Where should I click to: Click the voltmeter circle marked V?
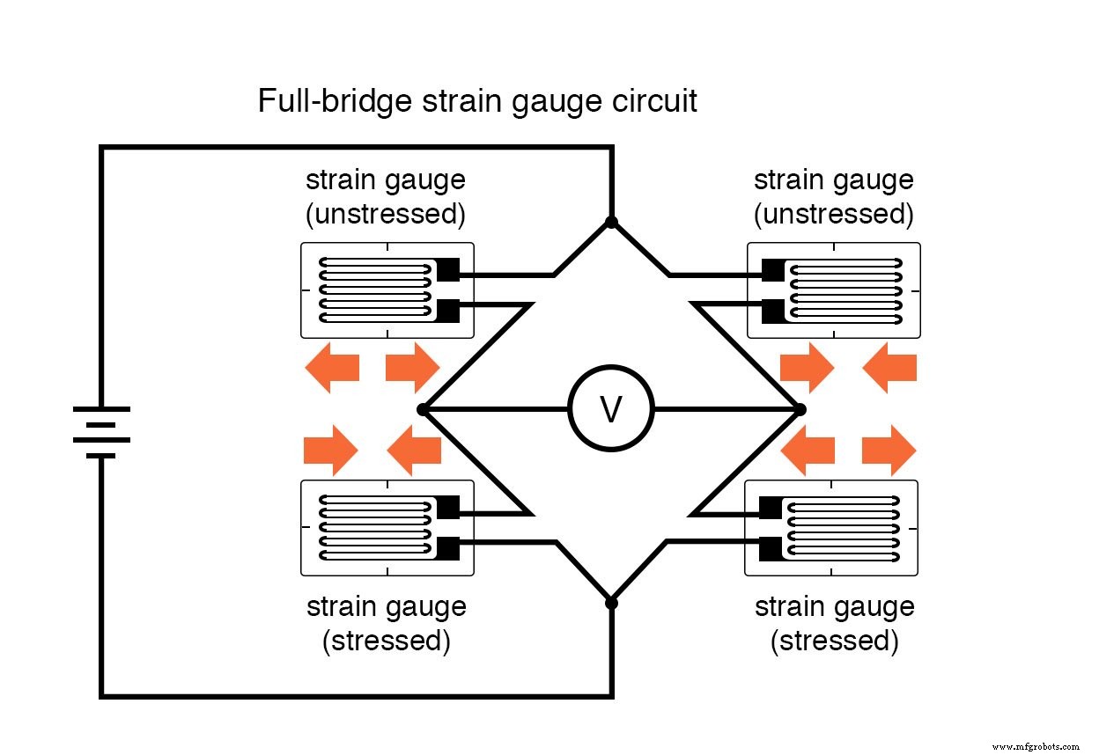[x=611, y=409]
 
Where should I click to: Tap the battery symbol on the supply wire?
[x=102, y=431]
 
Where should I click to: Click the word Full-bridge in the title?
[x=335, y=101]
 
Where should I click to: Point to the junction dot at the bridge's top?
[x=611, y=222]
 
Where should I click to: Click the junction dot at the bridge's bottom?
[x=611, y=603]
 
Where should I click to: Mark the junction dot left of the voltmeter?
[x=423, y=409]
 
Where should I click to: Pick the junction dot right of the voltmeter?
[x=800, y=409]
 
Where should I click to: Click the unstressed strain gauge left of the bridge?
[x=387, y=290]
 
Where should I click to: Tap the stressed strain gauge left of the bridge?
[x=387, y=528]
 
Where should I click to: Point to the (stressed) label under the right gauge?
[x=834, y=641]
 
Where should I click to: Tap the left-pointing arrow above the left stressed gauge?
[x=414, y=450]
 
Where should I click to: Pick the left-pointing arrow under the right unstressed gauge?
[x=889, y=367]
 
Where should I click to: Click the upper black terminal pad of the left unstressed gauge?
[x=447, y=269]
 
